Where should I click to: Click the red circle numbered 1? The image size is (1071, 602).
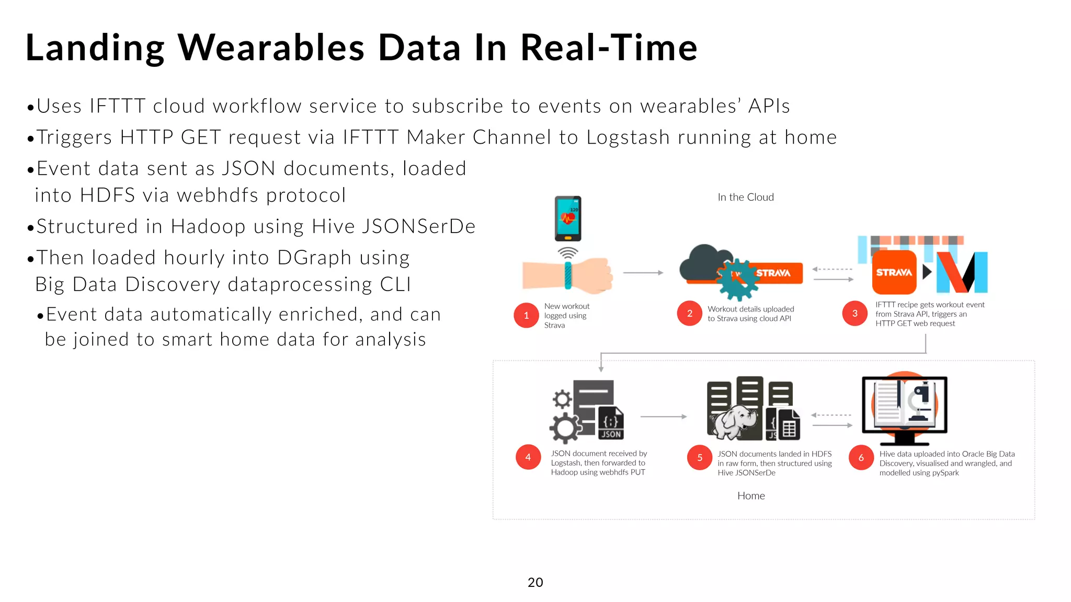click(526, 315)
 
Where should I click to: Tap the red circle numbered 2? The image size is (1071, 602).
click(689, 314)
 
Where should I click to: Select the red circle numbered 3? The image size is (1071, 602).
click(854, 314)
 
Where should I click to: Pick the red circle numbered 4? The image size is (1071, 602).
click(528, 457)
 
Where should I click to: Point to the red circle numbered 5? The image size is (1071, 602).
click(700, 458)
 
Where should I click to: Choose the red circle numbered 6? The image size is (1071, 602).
click(861, 458)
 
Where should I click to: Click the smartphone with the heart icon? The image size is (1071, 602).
click(568, 218)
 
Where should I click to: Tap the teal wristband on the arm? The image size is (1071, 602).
click(568, 275)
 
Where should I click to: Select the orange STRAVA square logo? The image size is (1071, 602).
click(894, 272)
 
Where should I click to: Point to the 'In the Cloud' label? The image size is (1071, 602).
click(745, 197)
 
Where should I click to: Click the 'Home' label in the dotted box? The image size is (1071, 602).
click(751, 496)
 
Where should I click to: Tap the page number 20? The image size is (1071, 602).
click(535, 582)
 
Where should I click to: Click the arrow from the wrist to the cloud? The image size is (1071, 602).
click(643, 273)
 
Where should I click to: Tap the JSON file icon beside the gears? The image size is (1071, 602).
click(611, 423)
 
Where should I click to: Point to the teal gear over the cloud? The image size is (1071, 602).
click(737, 280)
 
